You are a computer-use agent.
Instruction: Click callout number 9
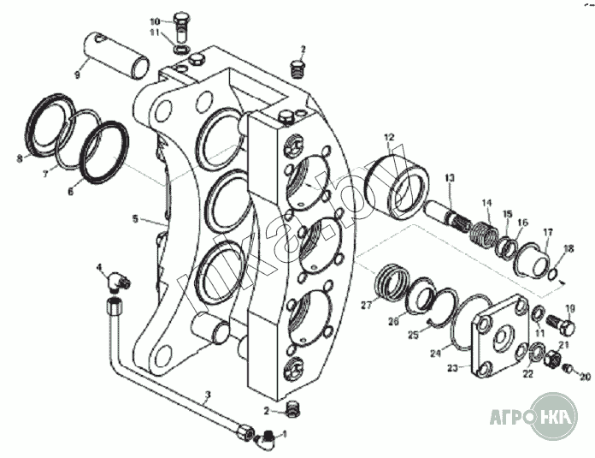[x=77, y=74]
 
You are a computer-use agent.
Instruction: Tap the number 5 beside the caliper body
[x=135, y=219]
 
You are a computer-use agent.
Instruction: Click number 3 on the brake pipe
[x=207, y=396]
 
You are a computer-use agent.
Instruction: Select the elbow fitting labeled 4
[x=117, y=278]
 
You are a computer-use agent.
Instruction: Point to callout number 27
[x=367, y=305]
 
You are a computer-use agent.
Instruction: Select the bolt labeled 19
[x=563, y=325]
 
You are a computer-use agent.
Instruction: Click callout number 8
[x=19, y=158]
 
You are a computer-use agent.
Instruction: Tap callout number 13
[x=449, y=177]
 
